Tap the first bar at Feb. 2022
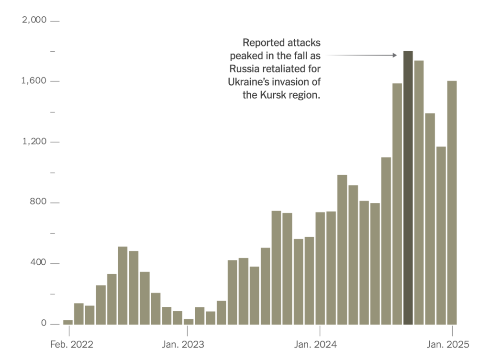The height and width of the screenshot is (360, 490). pyautogui.click(x=68, y=322)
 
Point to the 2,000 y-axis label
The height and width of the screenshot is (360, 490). pyautogui.click(x=33, y=20)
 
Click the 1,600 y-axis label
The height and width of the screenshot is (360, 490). pyautogui.click(x=33, y=81)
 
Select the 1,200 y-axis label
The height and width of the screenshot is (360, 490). pyautogui.click(x=33, y=142)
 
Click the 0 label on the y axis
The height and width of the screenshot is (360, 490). pyautogui.click(x=43, y=324)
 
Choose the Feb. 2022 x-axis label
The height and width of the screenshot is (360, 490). pyautogui.click(x=72, y=344)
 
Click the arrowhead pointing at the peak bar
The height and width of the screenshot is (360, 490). pyautogui.click(x=395, y=55)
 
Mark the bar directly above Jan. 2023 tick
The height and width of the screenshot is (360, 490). pyautogui.click(x=189, y=321)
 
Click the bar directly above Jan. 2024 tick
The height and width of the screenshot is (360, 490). pyautogui.click(x=320, y=268)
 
